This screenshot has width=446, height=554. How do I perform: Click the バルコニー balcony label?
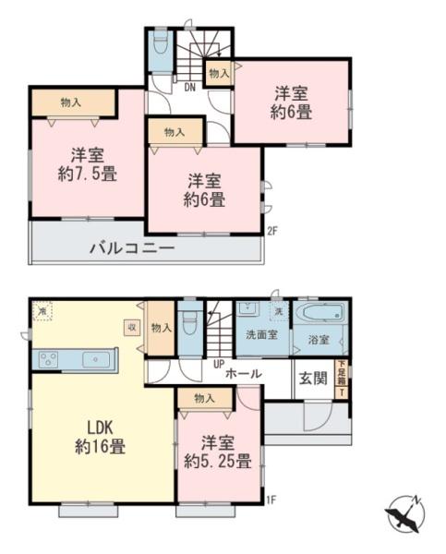132,248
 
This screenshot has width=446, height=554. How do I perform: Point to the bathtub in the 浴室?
319,313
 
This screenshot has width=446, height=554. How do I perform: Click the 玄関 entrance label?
311,377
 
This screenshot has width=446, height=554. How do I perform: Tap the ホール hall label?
242,374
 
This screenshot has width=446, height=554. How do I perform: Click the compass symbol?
404,512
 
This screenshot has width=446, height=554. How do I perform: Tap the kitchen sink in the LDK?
92,358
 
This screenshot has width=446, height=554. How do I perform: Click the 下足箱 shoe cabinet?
343,377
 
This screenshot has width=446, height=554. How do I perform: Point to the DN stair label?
188,89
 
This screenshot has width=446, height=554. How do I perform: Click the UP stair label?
218,363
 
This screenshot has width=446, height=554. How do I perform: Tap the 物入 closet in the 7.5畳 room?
72,102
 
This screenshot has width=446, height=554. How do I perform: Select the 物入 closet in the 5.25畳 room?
205,398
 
